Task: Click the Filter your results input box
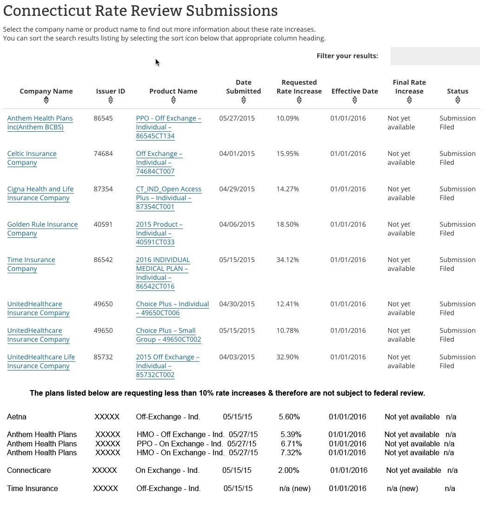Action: point(435,56)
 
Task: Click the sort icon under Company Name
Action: point(46,100)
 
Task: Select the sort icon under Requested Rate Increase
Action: point(299,100)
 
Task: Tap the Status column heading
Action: point(458,91)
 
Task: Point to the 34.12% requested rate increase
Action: point(287,260)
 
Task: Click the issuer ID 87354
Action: point(103,189)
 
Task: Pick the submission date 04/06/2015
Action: point(237,224)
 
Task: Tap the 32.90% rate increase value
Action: point(287,357)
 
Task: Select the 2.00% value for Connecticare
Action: point(288,470)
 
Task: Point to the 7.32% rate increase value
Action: point(291,452)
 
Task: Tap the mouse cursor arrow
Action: point(157,62)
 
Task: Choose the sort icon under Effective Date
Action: point(354,100)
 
